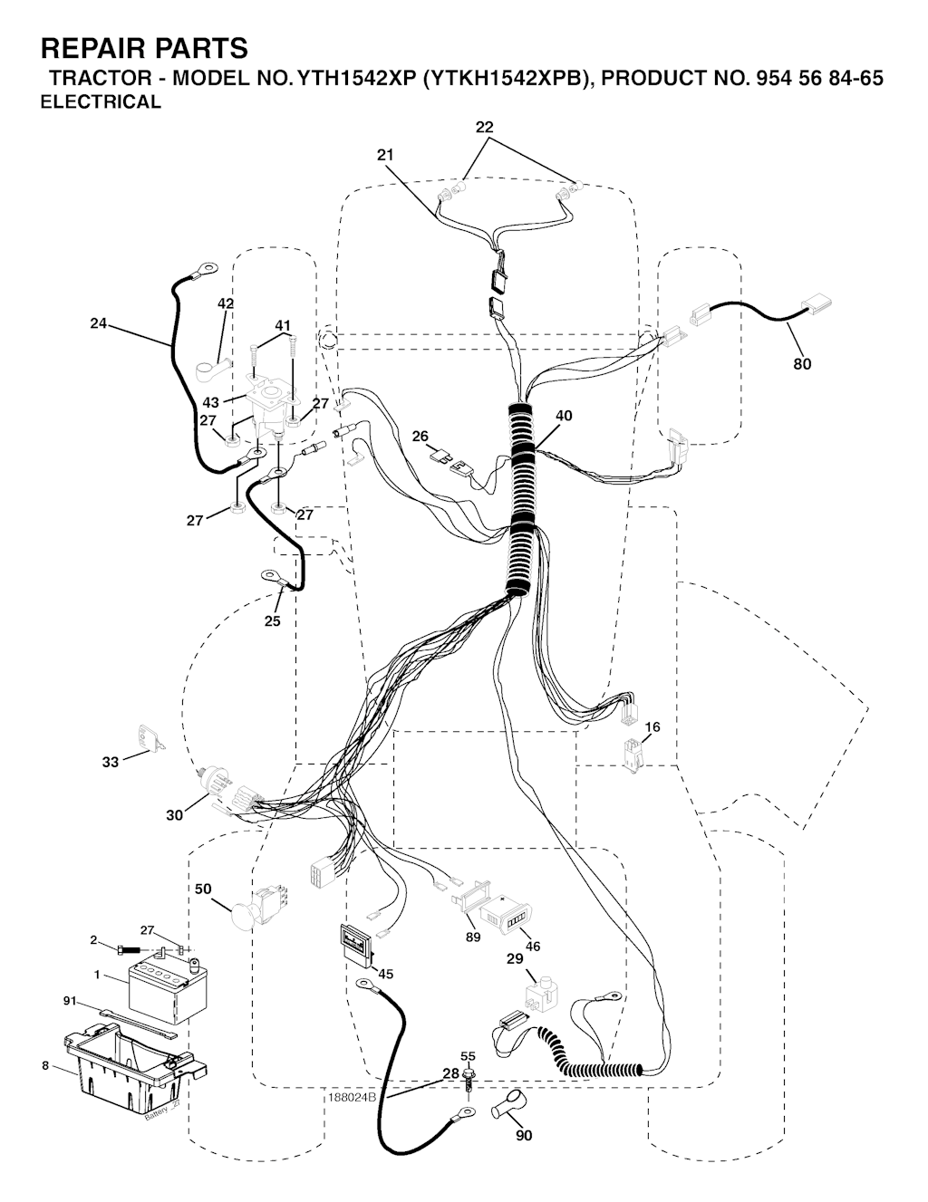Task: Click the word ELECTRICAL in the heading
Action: point(101,101)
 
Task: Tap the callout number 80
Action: point(802,364)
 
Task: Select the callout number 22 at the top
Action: point(484,127)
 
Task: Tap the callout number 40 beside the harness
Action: point(564,415)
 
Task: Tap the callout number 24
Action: point(98,323)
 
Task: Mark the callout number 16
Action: point(652,726)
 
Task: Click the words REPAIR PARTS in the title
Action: point(144,49)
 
